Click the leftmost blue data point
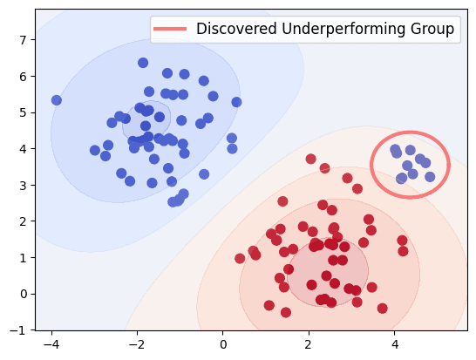pos(57,100)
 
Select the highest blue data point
pos(143,63)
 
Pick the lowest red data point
pos(286,312)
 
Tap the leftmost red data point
pos(240,258)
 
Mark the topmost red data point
pos(311,159)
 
